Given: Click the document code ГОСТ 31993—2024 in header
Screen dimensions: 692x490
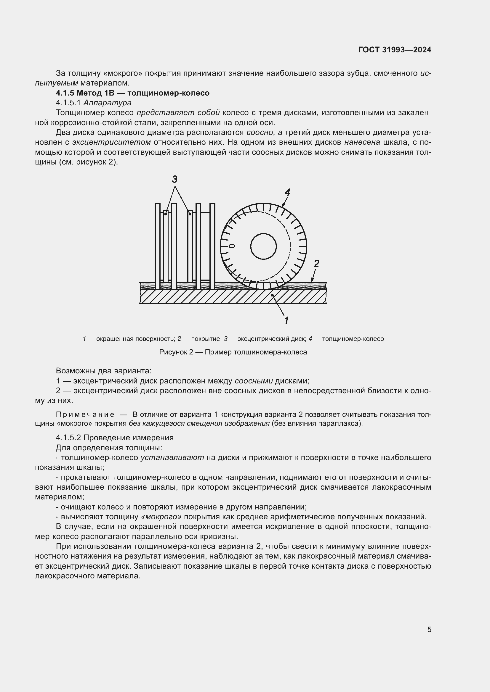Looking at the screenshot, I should tap(394, 50).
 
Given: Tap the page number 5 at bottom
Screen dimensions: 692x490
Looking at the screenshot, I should tap(429, 629).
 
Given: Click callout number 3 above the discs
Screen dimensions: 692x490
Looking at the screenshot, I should tap(174, 180).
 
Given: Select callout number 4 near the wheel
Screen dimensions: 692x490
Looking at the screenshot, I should tap(287, 192).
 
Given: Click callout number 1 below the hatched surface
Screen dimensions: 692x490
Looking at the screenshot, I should tap(286, 320).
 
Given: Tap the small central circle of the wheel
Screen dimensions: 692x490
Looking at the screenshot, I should tap(263, 246).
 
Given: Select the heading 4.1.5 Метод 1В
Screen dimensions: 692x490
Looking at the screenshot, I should tap(132, 93).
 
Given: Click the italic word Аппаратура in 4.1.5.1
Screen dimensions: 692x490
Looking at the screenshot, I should tap(108, 103).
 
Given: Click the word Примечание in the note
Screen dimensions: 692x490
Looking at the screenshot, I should tap(85, 415).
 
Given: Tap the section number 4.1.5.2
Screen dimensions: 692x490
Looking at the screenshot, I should tap(68, 438).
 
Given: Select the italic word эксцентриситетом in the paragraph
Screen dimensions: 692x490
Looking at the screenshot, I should tap(111, 142).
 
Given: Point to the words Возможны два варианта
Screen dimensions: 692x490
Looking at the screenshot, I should tap(103, 371).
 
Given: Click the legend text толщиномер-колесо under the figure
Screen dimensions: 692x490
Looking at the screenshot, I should tap(353, 339).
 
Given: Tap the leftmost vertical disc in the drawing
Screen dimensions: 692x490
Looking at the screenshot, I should tap(158, 246).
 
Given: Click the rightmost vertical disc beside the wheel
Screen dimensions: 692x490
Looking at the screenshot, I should tap(212, 246).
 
